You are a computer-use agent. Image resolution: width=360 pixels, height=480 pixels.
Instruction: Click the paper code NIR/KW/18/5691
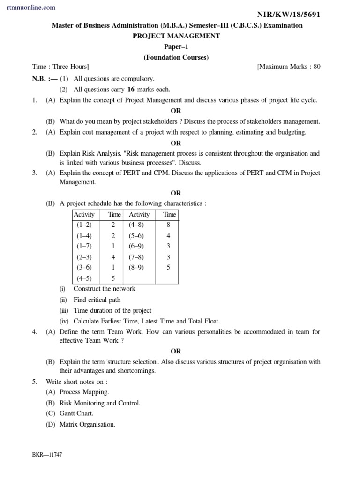290,15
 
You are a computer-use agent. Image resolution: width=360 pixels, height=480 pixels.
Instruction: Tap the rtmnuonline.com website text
31,7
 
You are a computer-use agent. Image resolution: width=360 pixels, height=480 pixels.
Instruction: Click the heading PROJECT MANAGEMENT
176,36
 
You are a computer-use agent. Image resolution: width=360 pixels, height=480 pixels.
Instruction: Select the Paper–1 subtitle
176,47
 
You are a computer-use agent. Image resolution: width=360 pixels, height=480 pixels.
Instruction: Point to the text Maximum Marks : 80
289,67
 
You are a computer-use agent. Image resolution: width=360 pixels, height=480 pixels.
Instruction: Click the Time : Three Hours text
60,67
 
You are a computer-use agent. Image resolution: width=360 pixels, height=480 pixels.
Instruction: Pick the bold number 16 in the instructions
131,89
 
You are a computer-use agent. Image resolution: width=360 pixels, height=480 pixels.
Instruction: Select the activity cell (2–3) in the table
84,257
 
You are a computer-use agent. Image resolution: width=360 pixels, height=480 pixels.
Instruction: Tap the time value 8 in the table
168,225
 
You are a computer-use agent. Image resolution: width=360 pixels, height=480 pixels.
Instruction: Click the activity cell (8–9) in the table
136,268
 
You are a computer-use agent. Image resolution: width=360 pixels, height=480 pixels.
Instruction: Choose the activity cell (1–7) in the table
84,246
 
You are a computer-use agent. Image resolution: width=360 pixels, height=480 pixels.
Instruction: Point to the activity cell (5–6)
136,236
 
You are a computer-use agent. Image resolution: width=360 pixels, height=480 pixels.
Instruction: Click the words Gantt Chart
76,413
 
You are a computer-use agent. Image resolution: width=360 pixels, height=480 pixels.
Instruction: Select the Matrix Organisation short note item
87,424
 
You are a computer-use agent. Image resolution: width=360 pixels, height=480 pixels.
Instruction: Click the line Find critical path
97,300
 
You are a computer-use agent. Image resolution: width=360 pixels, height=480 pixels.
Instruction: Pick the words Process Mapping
84,392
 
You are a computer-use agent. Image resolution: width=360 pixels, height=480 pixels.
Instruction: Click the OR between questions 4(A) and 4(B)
176,351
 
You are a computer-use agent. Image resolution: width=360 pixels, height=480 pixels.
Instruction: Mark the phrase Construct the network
105,289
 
